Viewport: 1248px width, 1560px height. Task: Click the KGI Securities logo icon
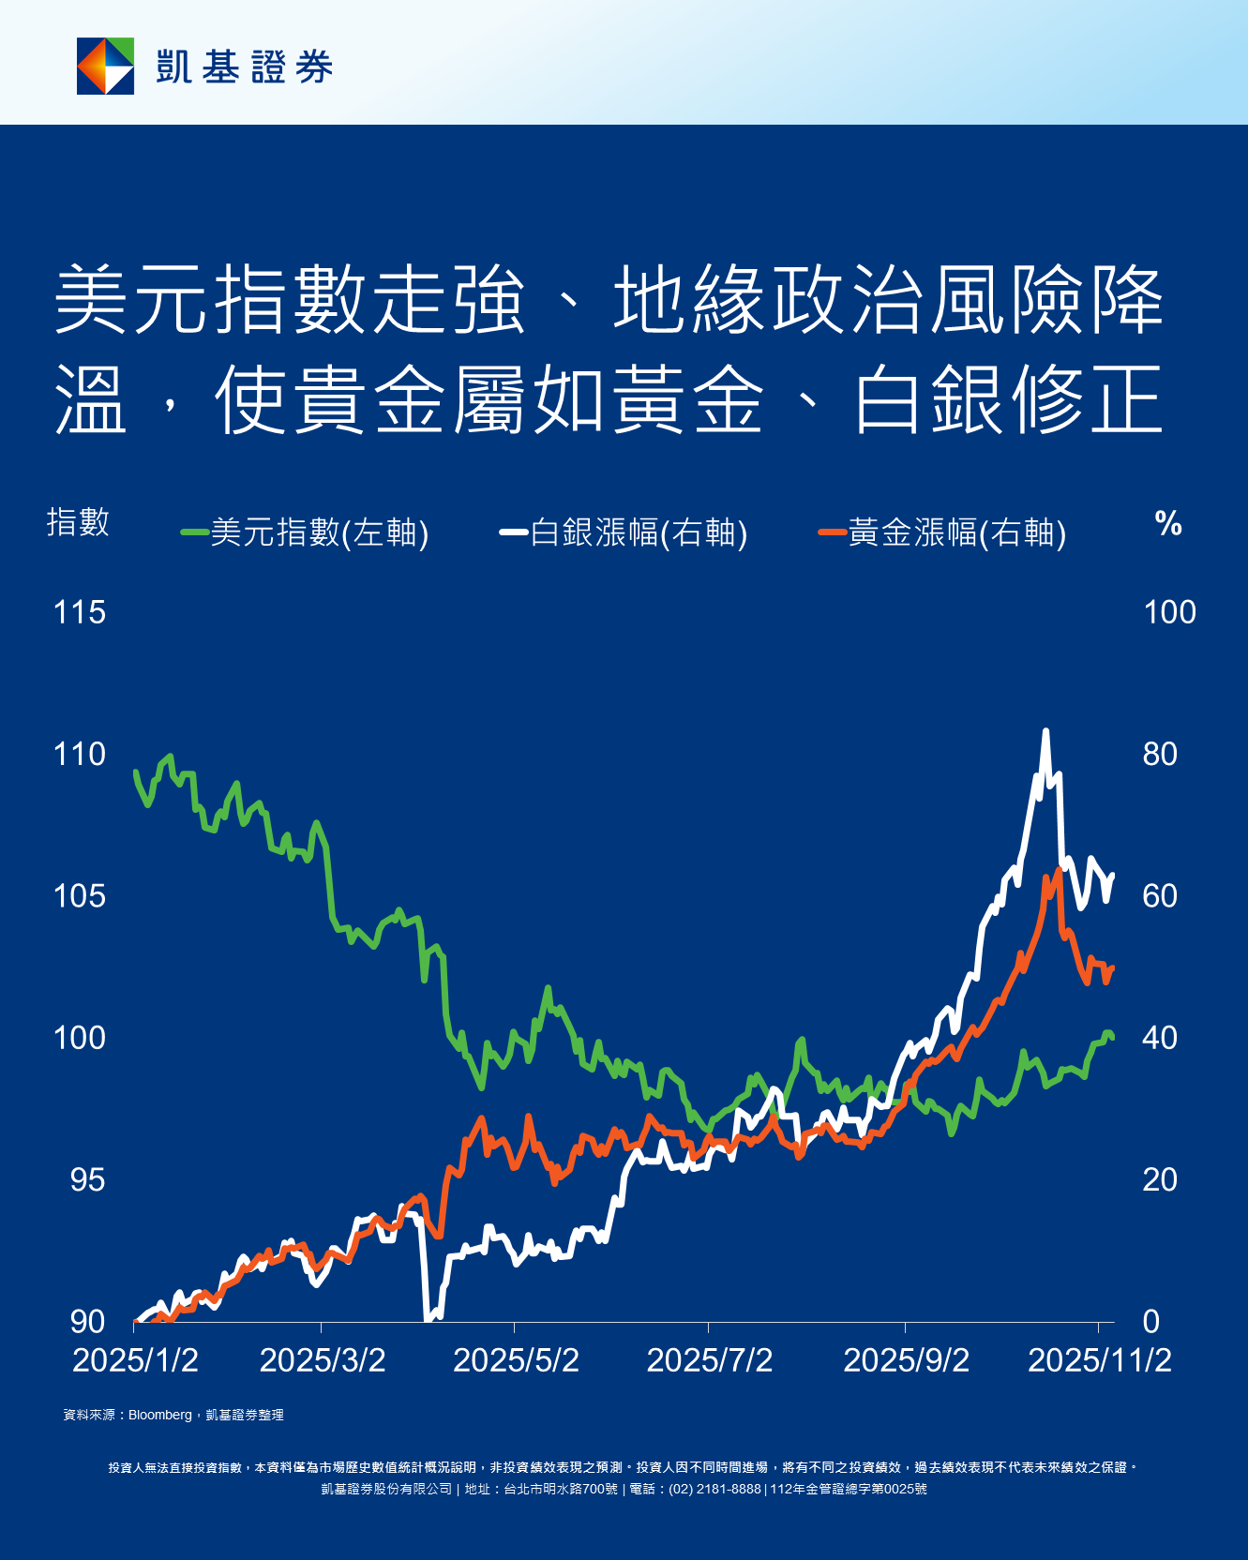(x=105, y=67)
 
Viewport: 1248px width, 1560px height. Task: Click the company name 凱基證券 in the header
(x=245, y=67)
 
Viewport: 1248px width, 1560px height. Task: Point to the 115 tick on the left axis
(x=80, y=613)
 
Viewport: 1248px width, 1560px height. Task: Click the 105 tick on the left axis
(x=80, y=896)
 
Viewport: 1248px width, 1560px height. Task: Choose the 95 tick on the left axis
(x=87, y=1180)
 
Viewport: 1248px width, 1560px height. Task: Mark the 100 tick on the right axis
(x=1169, y=613)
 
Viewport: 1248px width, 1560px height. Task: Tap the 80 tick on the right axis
(x=1160, y=755)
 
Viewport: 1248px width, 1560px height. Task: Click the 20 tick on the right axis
(x=1160, y=1180)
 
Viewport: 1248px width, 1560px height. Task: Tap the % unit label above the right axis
(x=1168, y=523)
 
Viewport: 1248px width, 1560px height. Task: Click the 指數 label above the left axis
(x=78, y=522)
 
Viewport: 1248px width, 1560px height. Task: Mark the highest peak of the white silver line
(x=1045, y=731)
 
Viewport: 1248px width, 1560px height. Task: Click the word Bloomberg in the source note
(x=159, y=1415)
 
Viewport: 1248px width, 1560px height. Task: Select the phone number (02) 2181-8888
(x=714, y=1489)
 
